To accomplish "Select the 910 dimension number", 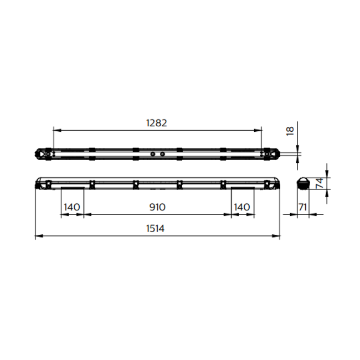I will (x=157, y=207).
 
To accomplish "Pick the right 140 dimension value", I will (x=242, y=207).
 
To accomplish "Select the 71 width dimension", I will (x=302, y=207).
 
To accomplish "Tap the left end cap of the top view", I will (x=43, y=153).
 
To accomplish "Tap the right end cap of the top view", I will (x=272, y=153).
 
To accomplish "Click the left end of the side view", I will (x=40, y=183).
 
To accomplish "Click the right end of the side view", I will (x=274, y=183).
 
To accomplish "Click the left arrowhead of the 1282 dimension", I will (x=55, y=130).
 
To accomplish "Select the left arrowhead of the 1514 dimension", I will (x=37, y=236).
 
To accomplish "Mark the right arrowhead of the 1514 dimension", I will (x=277, y=236).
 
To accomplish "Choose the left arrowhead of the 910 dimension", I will (x=86, y=215).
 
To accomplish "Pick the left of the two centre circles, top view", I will (x=152, y=153).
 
